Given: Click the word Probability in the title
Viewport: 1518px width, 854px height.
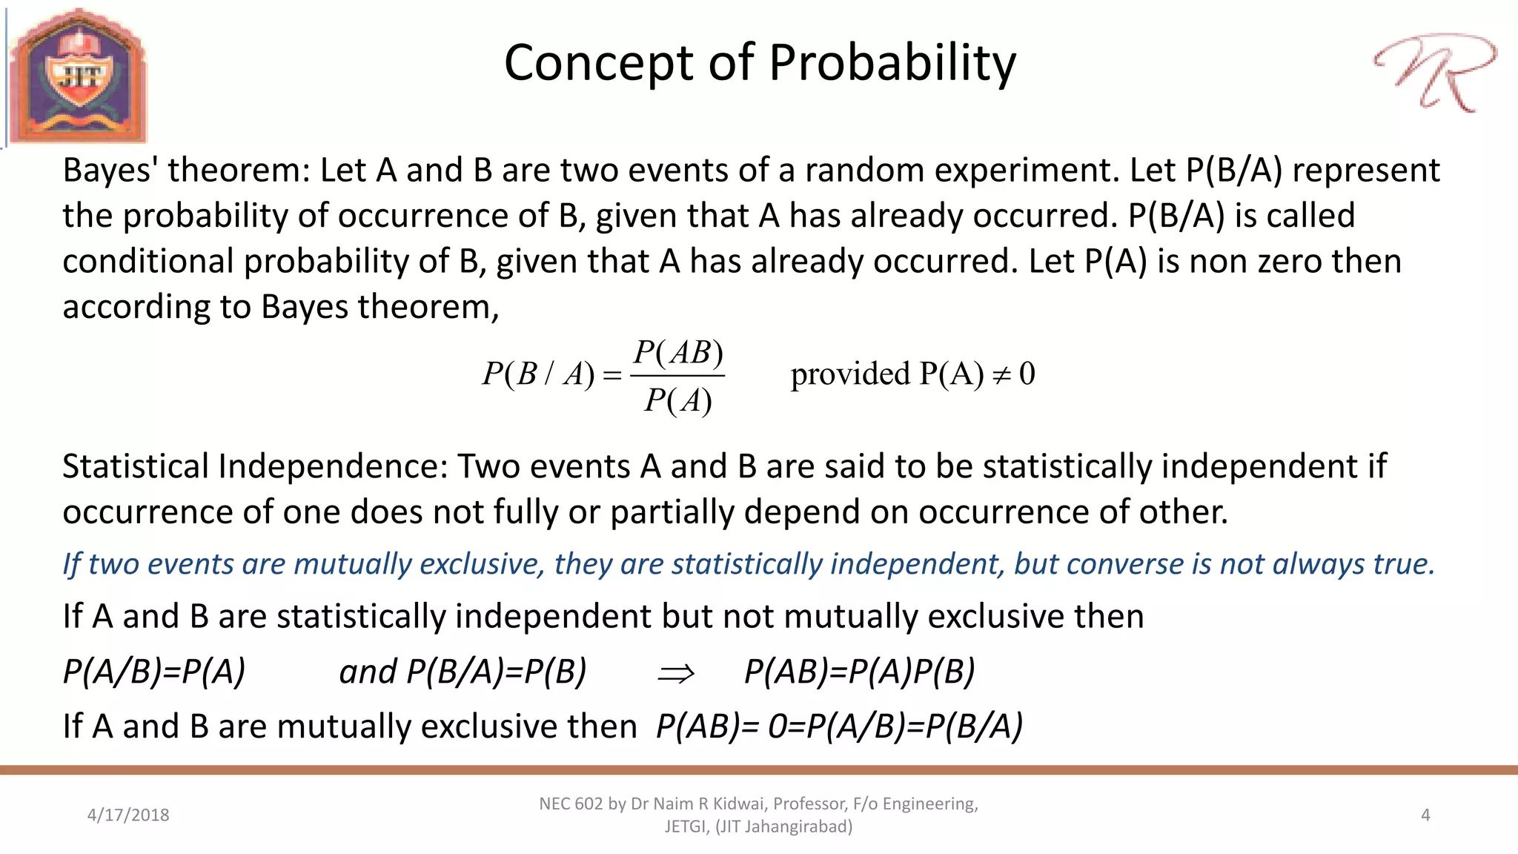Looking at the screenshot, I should click(x=892, y=63).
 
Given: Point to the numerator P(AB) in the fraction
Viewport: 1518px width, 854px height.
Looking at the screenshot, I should click(x=678, y=353).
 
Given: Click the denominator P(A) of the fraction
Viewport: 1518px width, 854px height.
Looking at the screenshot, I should click(x=678, y=401).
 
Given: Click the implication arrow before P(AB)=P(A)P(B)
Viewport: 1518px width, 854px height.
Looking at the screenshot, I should click(x=676, y=673).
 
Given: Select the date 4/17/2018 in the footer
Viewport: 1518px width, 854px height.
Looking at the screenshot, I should click(x=128, y=815).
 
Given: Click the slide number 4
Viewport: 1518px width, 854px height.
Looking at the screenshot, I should click(x=1425, y=815).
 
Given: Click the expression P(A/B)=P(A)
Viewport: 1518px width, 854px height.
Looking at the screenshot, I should click(x=154, y=672).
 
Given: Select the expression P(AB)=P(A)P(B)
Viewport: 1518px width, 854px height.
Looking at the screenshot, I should click(x=859, y=672).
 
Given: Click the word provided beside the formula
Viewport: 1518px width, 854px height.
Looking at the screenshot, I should click(x=850, y=374).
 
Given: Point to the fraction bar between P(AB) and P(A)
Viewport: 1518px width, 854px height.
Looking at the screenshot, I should click(x=677, y=377).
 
